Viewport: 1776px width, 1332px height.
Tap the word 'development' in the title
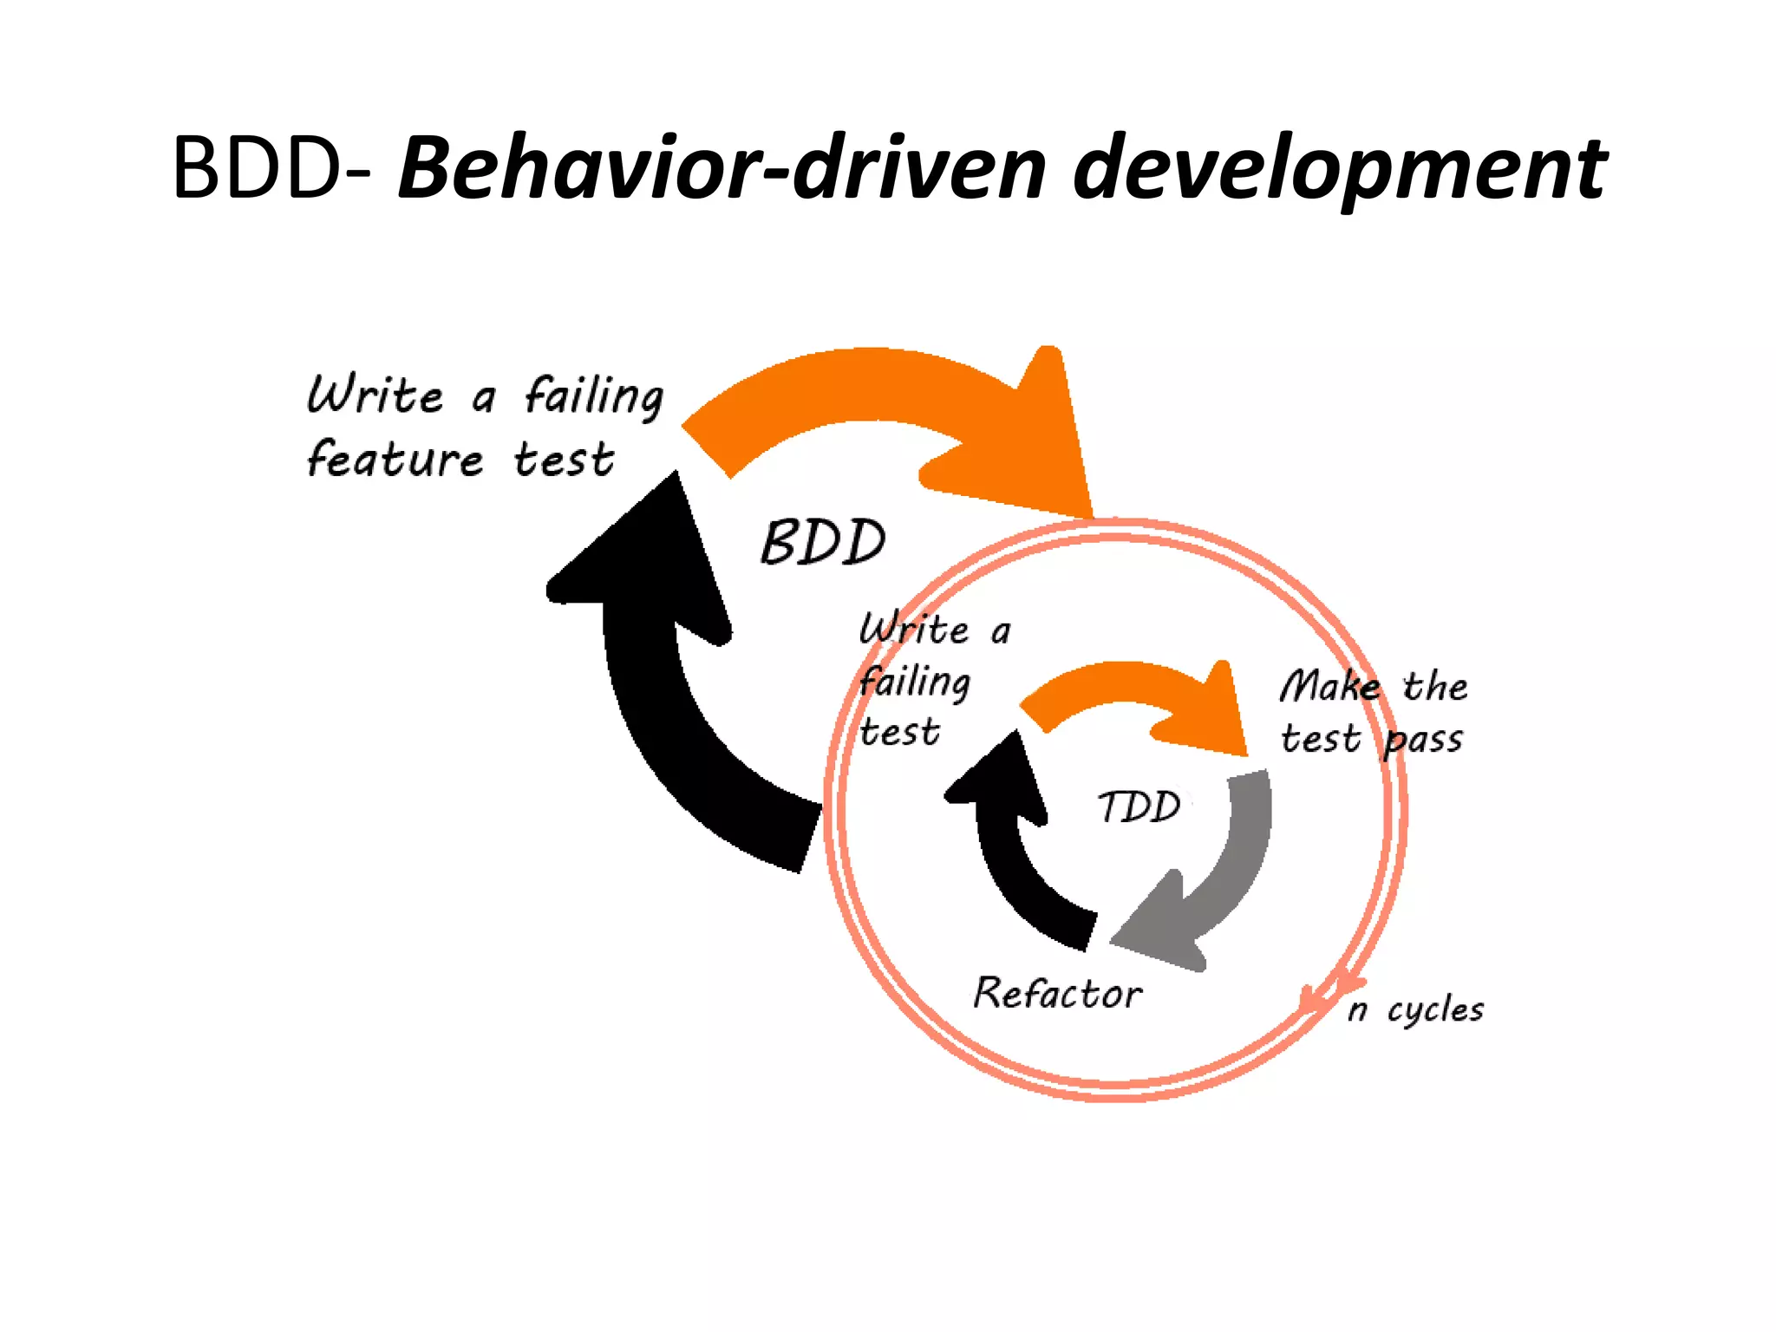click(x=1340, y=170)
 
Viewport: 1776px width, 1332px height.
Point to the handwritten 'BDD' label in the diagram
click(x=823, y=543)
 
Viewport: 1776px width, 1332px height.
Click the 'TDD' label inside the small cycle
click(x=1139, y=807)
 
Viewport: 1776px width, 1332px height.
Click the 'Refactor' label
click(x=1057, y=993)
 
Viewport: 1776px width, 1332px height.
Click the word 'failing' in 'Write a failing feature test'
click(x=594, y=396)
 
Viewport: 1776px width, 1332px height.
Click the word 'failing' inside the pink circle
click(x=915, y=682)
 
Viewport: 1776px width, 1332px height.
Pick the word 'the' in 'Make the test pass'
click(x=1435, y=686)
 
